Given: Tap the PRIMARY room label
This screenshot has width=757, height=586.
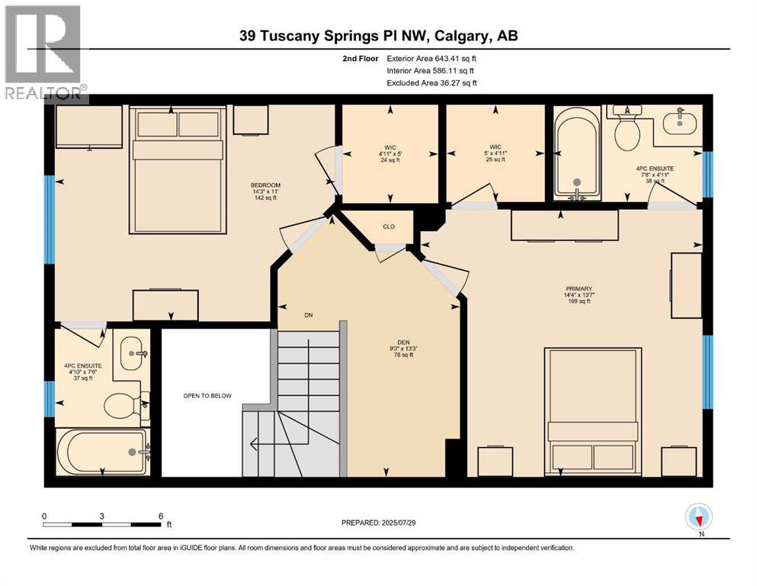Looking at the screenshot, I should (579, 288).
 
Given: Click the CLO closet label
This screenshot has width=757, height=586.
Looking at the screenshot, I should (388, 226).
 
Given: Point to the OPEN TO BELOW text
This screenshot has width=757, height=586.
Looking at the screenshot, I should (207, 395).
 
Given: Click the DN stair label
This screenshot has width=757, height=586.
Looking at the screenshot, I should (308, 315).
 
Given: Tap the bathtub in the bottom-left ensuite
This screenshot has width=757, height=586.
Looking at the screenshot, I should (103, 452).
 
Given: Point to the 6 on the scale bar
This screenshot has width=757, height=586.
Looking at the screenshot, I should (161, 516).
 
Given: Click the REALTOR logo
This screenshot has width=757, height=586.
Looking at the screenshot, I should (44, 53).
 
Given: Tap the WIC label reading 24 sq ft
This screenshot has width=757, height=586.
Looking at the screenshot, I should (390, 153).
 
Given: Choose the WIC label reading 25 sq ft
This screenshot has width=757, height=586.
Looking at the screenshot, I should (495, 153).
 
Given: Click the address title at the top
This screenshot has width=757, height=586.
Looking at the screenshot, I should (378, 36).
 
